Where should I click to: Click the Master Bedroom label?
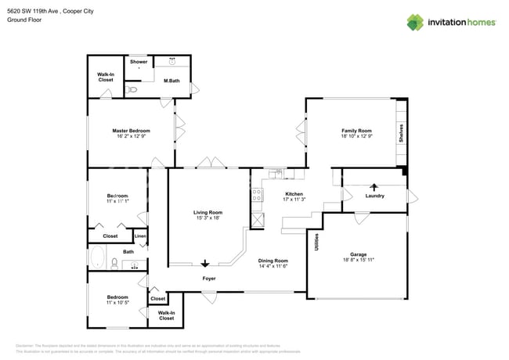[131, 131]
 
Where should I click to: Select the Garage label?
[358, 254]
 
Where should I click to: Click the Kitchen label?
[294, 193]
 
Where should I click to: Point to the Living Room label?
[208, 212]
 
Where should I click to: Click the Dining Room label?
[273, 261]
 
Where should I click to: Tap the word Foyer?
[209, 279]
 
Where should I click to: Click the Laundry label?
[374, 196]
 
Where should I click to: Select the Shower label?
[139, 62]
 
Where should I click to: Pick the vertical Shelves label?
[401, 131]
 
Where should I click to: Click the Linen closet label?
[140, 236]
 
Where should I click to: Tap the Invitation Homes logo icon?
[415, 22]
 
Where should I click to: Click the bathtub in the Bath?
[99, 258]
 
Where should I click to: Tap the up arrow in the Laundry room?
[373, 186]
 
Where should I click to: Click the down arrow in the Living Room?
[206, 264]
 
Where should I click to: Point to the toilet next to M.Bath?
[132, 90]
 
